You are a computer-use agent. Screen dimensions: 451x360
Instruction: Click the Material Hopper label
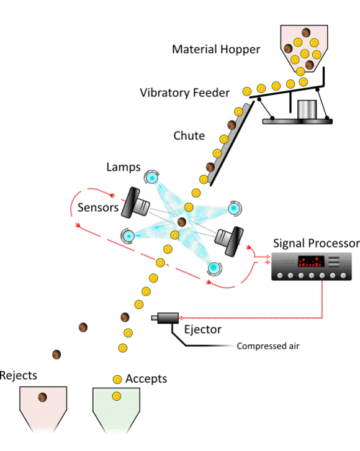(217, 49)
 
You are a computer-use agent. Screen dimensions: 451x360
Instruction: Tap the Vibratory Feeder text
(184, 93)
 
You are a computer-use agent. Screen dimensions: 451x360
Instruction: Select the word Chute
(189, 136)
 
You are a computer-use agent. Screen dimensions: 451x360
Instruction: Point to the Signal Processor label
(315, 243)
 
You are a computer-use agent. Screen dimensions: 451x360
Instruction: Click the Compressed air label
(268, 346)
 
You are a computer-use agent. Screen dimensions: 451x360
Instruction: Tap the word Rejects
(19, 375)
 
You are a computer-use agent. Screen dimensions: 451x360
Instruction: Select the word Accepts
(146, 378)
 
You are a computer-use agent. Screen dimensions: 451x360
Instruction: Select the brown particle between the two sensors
(182, 222)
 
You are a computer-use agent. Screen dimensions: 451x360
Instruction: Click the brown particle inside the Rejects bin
(43, 398)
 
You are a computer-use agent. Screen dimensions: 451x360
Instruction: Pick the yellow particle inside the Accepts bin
(116, 396)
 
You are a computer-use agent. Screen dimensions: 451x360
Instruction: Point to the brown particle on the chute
(232, 125)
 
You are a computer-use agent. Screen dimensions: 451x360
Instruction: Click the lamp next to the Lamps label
(152, 178)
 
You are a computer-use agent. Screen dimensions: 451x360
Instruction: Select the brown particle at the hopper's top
(306, 33)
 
